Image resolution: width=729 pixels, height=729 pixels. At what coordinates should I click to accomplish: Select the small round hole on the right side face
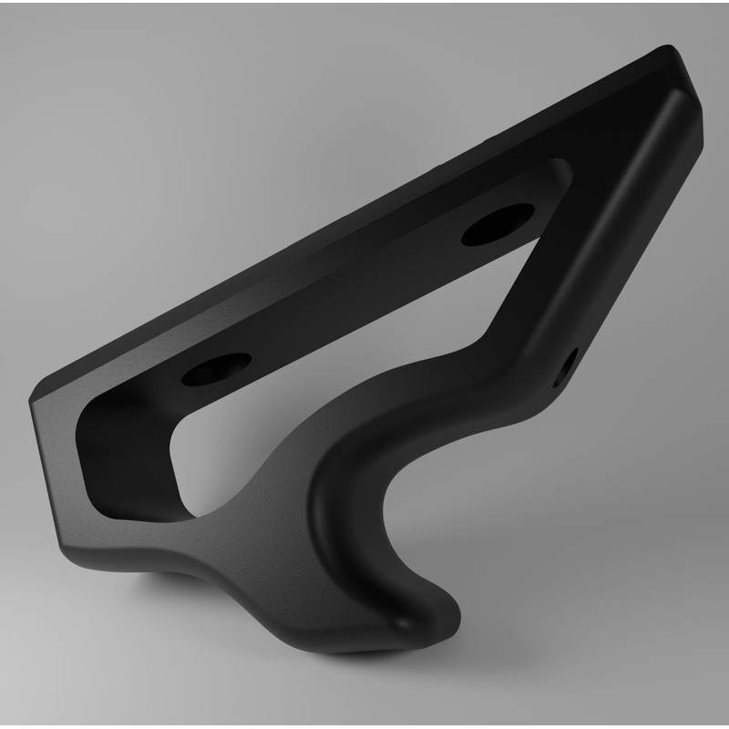tap(570, 362)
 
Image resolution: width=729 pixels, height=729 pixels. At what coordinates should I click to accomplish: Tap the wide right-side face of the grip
tap(620, 228)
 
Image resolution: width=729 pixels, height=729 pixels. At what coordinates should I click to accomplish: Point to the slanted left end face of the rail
tap(50, 474)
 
